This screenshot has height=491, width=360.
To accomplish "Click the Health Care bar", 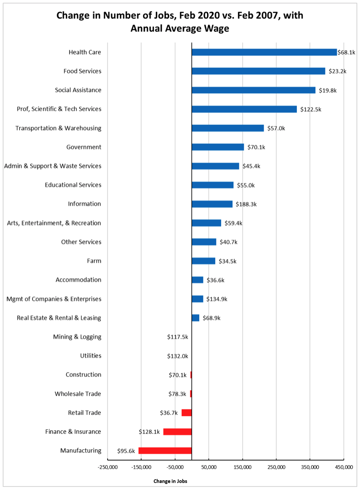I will click(264, 52).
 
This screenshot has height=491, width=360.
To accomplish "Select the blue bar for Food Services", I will click(258, 71).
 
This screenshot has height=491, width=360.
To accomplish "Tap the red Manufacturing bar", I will click(165, 451).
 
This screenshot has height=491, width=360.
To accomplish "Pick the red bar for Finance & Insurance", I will click(178, 432).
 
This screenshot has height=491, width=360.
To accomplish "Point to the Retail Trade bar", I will click(187, 412).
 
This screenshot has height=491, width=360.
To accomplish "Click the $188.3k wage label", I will click(247, 204).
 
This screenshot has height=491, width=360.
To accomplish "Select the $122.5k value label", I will click(311, 109).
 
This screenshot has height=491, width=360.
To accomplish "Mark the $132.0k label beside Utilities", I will click(178, 356).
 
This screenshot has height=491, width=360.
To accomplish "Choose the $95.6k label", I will click(126, 451).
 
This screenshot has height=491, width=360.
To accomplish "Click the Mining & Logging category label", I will click(77, 337).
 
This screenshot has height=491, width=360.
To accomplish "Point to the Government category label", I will click(84, 147).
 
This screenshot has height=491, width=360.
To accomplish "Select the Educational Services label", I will click(73, 185).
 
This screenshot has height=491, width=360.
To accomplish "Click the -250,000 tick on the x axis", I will click(108, 466).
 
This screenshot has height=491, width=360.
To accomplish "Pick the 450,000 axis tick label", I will click(344, 466).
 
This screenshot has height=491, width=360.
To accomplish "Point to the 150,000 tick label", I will click(242, 466).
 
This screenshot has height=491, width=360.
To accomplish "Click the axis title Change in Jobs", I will click(170, 481).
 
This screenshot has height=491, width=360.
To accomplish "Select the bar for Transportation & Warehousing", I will click(228, 128).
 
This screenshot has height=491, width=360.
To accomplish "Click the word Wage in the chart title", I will click(217, 29).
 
